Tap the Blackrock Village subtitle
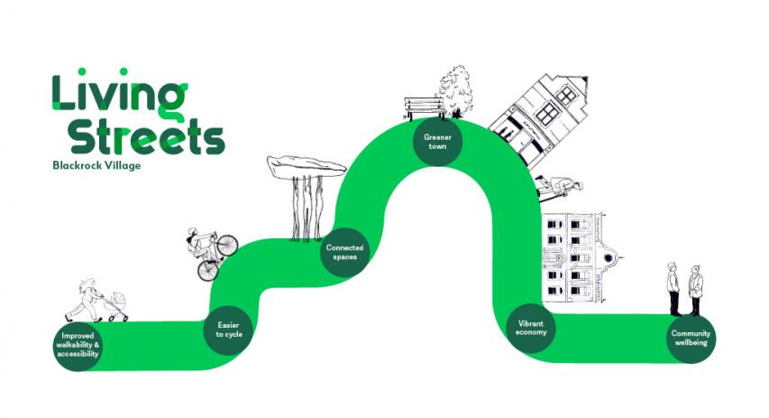(x=96, y=165)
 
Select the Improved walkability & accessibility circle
(x=76, y=344)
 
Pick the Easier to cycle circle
(x=229, y=329)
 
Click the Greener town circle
(x=437, y=142)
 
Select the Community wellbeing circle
(x=691, y=339)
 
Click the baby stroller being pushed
(x=114, y=307)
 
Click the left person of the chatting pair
(x=673, y=289)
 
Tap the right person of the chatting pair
(x=696, y=290)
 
